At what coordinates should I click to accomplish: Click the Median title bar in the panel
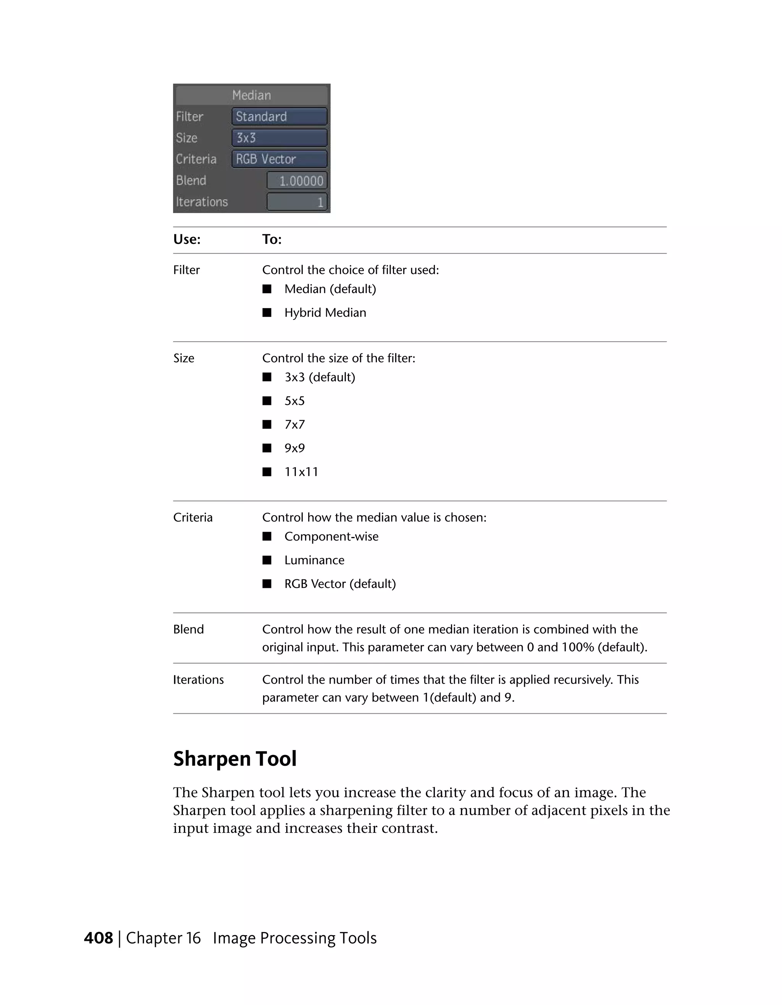[251, 95]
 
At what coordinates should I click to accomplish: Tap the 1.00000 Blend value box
[297, 181]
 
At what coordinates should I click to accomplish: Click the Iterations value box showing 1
[297, 202]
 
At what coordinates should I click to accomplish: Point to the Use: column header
[187, 239]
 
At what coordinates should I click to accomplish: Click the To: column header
[271, 239]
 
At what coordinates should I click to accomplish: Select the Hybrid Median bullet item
[325, 313]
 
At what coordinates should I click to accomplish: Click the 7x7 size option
[294, 425]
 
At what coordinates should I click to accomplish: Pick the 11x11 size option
[301, 472]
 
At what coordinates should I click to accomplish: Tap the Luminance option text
[314, 560]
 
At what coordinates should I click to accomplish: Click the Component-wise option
[331, 537]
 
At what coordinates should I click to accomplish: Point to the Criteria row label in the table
[193, 518]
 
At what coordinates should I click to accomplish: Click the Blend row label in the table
[188, 629]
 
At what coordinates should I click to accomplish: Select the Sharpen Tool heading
[235, 759]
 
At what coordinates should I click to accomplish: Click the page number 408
[99, 938]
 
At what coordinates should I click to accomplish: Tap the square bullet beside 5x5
[267, 401]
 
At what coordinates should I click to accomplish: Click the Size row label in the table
[184, 358]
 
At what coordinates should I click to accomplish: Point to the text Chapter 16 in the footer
[163, 938]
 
